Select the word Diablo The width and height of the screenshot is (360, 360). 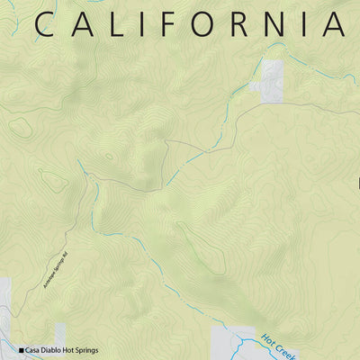coord(58,350)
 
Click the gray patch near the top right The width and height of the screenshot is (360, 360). coord(272,79)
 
